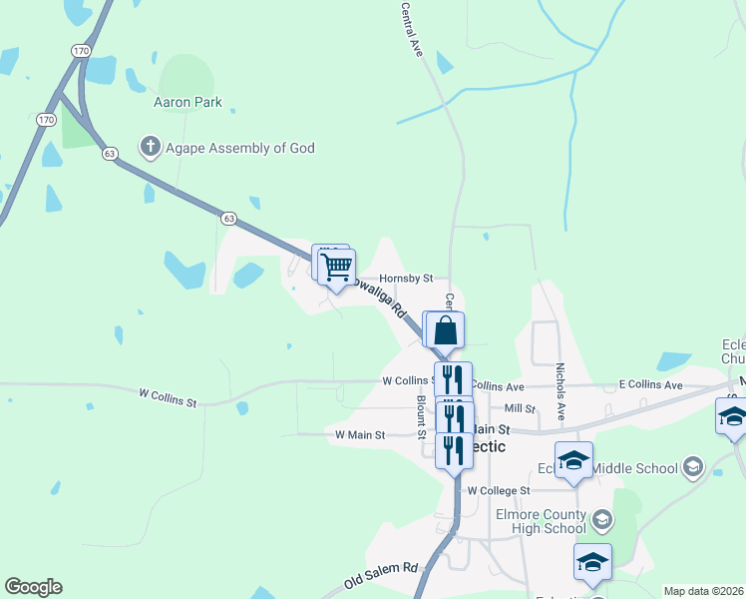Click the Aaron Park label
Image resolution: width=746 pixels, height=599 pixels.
[x=187, y=102]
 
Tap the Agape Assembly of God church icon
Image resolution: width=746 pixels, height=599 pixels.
[x=151, y=148]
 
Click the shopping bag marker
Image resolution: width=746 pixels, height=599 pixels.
[x=446, y=329]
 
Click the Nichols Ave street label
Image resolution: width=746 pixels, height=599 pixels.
[x=560, y=390]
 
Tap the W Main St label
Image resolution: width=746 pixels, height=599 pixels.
[x=360, y=434]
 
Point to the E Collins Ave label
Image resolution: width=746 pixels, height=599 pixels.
[x=650, y=385]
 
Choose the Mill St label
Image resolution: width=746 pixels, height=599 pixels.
[x=520, y=408]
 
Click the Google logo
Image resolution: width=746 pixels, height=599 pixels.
[x=33, y=587]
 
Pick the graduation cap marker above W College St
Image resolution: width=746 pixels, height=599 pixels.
[x=573, y=460]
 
